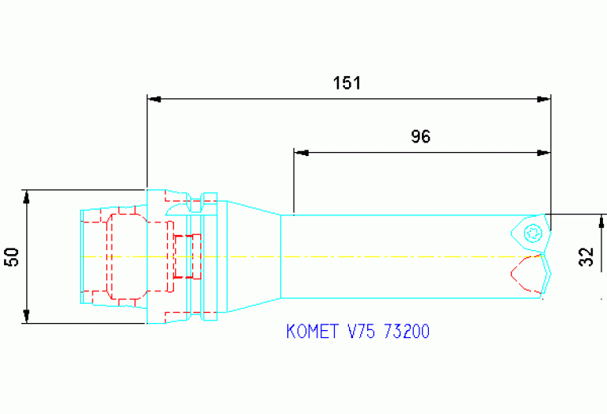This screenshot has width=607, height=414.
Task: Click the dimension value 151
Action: click(x=346, y=82)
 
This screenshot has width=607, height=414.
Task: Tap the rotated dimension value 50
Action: click(x=12, y=256)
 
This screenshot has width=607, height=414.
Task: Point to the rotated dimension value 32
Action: click(x=586, y=256)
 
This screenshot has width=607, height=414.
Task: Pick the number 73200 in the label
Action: click(x=406, y=332)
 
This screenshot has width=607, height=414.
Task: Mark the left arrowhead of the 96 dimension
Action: click(x=300, y=152)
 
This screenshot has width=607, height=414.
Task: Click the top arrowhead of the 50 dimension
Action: click(x=26, y=196)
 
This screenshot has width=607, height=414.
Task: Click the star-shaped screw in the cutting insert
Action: click(x=533, y=233)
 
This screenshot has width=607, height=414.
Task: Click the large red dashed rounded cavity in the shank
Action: click(x=127, y=256)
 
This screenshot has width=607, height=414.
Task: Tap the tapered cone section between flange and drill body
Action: click(x=253, y=256)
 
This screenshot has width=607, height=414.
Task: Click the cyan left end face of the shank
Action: click(x=82, y=256)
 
